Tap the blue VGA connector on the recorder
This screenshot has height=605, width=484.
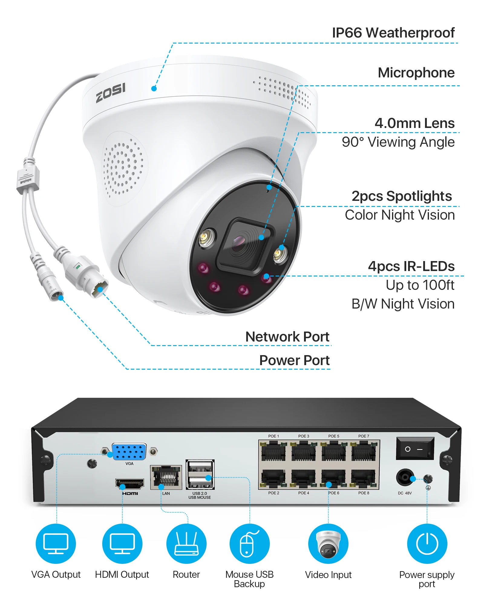tap(129, 452)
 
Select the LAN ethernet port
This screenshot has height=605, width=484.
tap(166, 477)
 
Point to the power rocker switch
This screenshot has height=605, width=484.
tap(415, 449)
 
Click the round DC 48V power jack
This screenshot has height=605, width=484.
tap(405, 478)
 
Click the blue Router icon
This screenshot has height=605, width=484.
tap(186, 544)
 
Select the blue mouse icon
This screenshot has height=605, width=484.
tap(250, 544)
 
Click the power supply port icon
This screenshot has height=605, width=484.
tap(427, 544)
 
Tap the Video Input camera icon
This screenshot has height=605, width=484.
tap(328, 544)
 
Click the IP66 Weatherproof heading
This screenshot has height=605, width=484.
tap(393, 33)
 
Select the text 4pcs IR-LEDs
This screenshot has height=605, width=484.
tap(411, 266)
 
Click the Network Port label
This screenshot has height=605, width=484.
tap(287, 337)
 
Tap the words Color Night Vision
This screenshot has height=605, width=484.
tap(400, 215)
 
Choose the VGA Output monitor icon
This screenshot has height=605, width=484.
tap(56, 544)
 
